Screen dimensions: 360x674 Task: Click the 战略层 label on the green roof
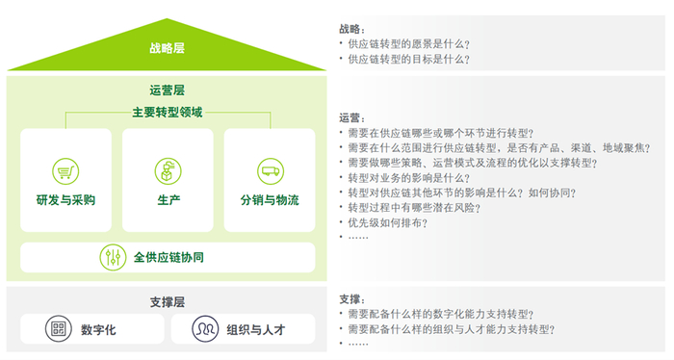168,46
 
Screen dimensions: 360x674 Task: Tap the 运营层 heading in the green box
168,90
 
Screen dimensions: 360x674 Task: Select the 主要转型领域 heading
168,113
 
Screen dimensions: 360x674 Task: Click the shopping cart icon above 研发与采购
65,171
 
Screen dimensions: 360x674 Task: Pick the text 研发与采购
65,200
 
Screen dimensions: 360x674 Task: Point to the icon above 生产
168,171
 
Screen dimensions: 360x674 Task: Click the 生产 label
168,200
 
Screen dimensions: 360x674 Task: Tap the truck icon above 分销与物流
270,171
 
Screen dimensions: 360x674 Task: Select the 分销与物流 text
270,200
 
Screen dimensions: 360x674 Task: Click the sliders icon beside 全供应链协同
113,257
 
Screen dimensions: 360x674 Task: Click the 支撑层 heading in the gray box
168,301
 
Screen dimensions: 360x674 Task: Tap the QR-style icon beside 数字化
59,329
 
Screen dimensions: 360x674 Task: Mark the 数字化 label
99,329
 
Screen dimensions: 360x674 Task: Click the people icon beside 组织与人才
204,329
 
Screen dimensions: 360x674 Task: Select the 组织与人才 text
256,329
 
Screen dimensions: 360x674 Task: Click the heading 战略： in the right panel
352,29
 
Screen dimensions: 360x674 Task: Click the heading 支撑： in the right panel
352,299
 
